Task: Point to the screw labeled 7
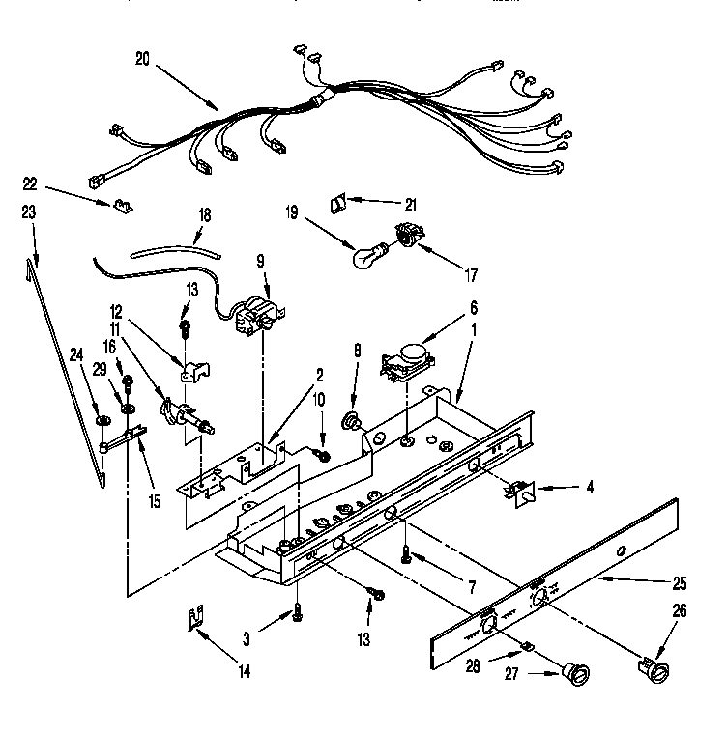(x=407, y=553)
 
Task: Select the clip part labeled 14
(x=196, y=618)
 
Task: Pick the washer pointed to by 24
(x=102, y=421)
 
